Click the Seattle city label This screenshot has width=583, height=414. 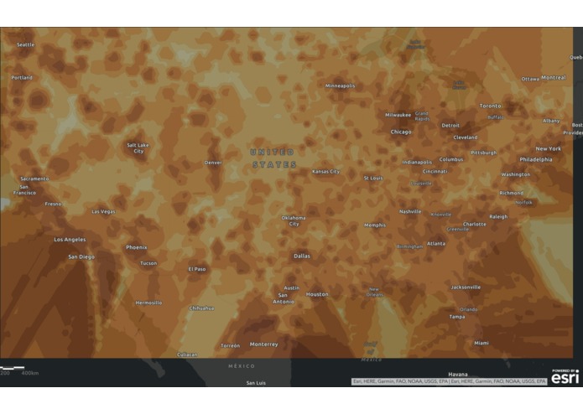point(26,44)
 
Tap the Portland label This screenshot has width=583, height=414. point(22,77)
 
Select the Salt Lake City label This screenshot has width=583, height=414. point(138,147)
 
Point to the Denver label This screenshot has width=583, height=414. point(213,163)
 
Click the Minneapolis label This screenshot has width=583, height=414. point(340,85)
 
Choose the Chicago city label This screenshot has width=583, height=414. point(400,132)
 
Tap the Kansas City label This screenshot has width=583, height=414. point(325,171)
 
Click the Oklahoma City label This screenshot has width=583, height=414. point(294,220)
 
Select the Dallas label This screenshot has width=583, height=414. point(302,256)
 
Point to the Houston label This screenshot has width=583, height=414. point(317,294)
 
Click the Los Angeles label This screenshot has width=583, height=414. point(70,240)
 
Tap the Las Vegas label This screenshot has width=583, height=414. point(103,211)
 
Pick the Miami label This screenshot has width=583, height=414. point(481,343)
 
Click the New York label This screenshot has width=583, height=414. point(549,148)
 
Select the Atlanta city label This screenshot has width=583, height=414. point(436,243)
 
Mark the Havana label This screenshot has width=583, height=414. point(457,374)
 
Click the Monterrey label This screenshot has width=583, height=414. point(263,344)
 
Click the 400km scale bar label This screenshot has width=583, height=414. point(30,372)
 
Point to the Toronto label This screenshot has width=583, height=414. point(490,106)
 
